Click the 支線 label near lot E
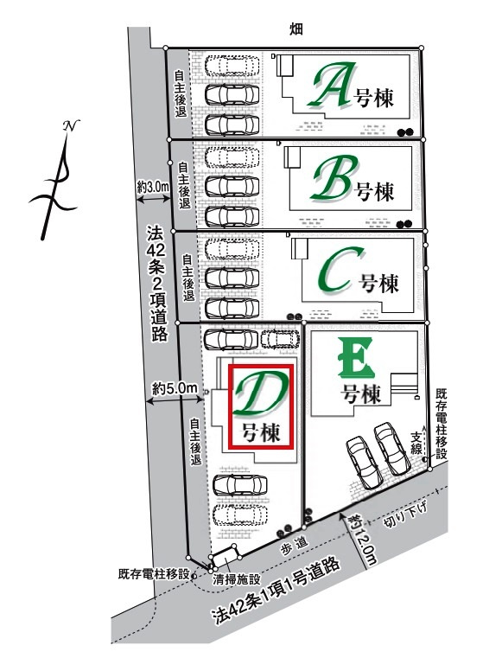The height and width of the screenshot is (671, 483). pos(417,442)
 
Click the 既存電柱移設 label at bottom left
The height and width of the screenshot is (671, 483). pos(156,572)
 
